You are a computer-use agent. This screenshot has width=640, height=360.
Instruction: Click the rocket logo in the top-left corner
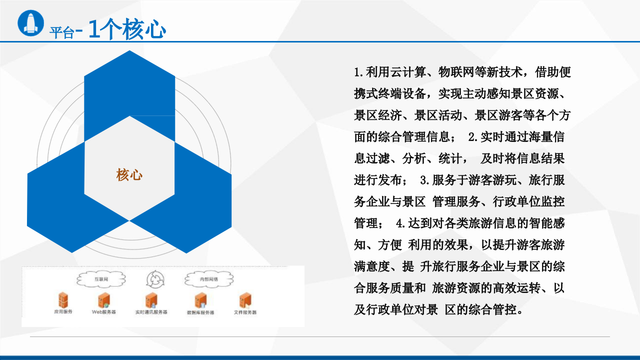point(31,22)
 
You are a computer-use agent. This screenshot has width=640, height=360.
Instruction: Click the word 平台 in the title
point(61,33)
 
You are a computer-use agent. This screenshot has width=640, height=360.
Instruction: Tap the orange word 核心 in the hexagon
point(129,174)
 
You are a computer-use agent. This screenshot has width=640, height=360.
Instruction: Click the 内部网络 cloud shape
point(208,278)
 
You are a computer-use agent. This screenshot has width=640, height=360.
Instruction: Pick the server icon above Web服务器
point(104,299)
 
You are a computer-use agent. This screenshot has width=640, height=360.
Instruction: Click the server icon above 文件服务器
point(245,299)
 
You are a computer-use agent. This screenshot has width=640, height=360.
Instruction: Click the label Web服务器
point(104,312)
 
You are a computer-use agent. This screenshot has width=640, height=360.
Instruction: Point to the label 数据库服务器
point(200,312)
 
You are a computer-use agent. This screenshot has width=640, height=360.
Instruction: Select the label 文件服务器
point(245,312)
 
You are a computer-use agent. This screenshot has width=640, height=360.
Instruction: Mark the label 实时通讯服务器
point(151,312)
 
